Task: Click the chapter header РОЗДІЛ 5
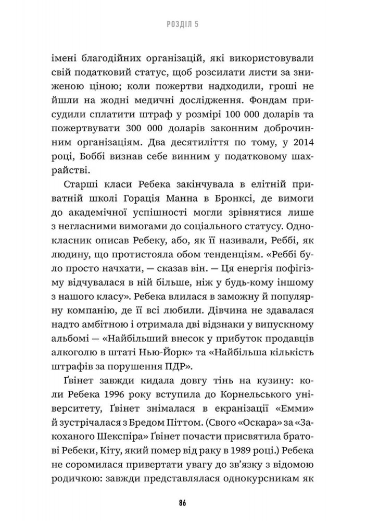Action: [189, 23]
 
